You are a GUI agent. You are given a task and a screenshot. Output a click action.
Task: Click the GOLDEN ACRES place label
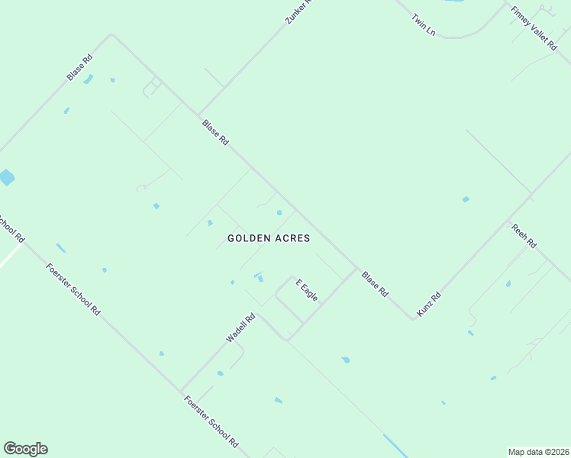click(269, 238)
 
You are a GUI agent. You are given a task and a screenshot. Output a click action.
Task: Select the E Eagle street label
click(307, 289)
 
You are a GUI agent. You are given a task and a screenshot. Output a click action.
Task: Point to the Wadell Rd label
click(240, 327)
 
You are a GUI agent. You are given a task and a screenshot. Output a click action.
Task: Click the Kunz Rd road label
click(429, 305)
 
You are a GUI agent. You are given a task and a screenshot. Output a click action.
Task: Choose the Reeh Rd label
click(524, 236)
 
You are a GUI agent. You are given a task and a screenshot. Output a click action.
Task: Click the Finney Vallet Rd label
click(534, 28)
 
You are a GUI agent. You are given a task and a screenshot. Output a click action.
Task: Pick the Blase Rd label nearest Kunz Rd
click(376, 284)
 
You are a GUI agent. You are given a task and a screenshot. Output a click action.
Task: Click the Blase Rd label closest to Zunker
click(215, 132)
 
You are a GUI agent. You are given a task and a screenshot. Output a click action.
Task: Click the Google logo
click(25, 449)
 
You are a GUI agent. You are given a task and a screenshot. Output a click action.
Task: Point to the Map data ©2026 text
click(538, 452)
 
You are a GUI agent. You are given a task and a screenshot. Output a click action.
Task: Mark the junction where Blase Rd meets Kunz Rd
click(413, 318)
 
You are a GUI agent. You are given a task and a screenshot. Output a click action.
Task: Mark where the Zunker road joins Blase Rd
click(199, 115)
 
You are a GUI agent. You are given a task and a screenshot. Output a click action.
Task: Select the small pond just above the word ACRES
click(279, 212)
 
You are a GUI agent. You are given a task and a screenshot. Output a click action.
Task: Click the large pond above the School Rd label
click(6, 179)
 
